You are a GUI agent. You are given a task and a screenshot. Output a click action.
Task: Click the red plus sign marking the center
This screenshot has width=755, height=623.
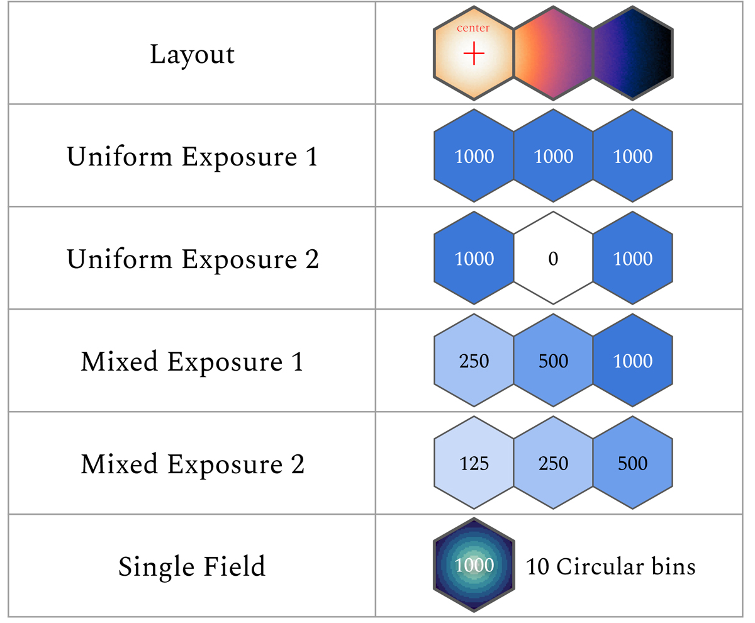(474, 53)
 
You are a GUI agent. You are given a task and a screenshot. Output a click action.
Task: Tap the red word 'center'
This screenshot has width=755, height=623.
(473, 28)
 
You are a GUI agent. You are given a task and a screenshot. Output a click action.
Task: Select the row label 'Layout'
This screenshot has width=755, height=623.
(192, 55)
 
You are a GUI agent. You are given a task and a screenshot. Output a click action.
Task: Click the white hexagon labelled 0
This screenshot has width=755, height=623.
(553, 258)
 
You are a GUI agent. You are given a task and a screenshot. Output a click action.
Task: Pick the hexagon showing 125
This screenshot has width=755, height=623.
(474, 463)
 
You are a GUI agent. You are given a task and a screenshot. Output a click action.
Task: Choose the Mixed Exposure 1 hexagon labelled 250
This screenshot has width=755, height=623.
(474, 361)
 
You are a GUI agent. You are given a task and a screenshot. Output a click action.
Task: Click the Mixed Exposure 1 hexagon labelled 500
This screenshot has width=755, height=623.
(553, 361)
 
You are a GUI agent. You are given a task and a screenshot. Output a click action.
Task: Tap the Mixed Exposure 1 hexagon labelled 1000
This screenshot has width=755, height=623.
(633, 361)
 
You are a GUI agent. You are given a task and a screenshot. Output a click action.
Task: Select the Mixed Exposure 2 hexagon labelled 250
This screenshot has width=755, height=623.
(553, 463)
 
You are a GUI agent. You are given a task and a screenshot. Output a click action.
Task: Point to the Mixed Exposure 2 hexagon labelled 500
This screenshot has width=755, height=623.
(633, 463)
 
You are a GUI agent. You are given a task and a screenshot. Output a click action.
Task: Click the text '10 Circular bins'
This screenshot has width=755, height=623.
(611, 566)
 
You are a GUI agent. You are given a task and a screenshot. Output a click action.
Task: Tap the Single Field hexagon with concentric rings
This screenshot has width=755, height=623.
(474, 565)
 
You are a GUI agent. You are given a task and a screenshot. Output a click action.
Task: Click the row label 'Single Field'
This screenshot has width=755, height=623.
(192, 566)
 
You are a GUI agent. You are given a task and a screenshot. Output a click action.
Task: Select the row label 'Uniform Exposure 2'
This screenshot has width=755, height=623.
(193, 259)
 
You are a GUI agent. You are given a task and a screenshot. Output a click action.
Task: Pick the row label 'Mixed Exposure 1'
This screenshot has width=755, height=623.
(192, 361)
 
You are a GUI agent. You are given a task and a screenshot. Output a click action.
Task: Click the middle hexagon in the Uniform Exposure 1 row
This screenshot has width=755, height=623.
(553, 155)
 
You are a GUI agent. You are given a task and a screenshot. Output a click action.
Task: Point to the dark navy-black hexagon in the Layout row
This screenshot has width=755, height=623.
(633, 53)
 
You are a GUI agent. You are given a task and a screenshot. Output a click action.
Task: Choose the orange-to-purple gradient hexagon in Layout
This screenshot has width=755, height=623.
(553, 53)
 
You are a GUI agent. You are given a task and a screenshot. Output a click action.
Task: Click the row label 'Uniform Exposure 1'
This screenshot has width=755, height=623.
(193, 157)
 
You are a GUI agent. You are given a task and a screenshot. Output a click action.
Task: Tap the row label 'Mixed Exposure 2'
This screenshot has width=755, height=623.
(193, 464)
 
